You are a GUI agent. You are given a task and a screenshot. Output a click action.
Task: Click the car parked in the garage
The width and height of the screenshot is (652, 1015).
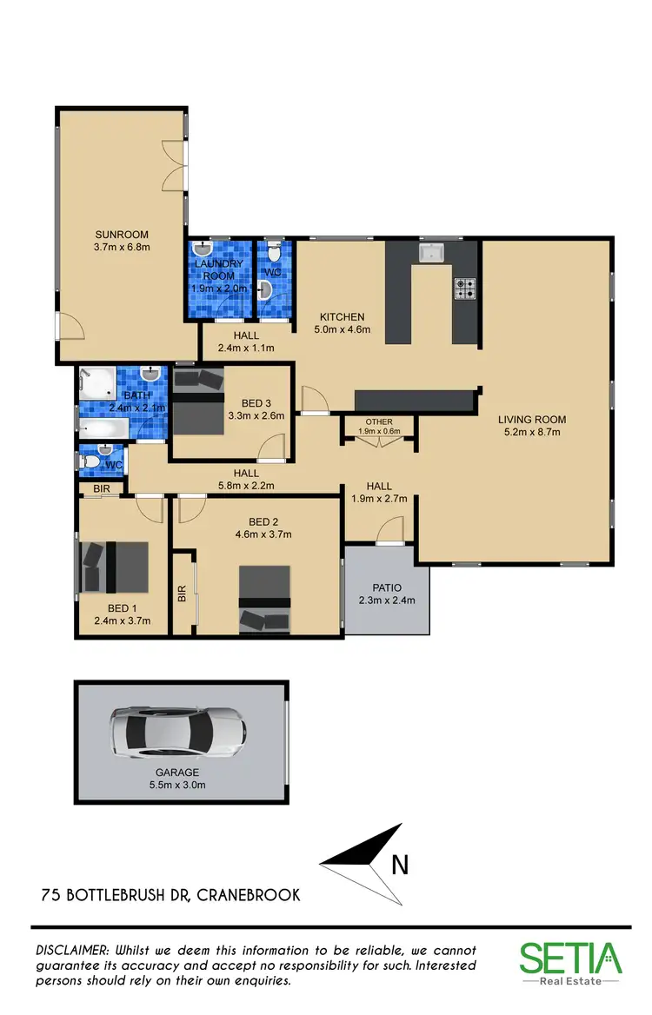(177, 732)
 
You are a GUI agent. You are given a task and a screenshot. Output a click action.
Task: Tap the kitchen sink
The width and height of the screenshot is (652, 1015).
(431, 253)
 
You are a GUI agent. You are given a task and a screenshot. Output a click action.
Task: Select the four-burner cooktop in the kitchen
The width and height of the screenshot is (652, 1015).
(464, 288)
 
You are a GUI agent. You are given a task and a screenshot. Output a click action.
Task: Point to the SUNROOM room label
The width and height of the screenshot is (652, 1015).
(122, 234)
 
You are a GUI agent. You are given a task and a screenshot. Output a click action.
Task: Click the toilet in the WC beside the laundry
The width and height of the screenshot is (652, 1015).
(276, 255)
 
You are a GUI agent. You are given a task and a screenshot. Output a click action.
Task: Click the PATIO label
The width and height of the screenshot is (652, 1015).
(387, 587)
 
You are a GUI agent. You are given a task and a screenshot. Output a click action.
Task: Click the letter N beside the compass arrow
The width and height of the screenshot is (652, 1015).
(399, 865)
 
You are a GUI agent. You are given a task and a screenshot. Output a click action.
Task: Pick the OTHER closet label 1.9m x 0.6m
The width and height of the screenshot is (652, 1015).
(379, 426)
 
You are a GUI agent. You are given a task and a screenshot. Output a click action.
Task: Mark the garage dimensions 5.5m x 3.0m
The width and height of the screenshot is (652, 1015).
(177, 785)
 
